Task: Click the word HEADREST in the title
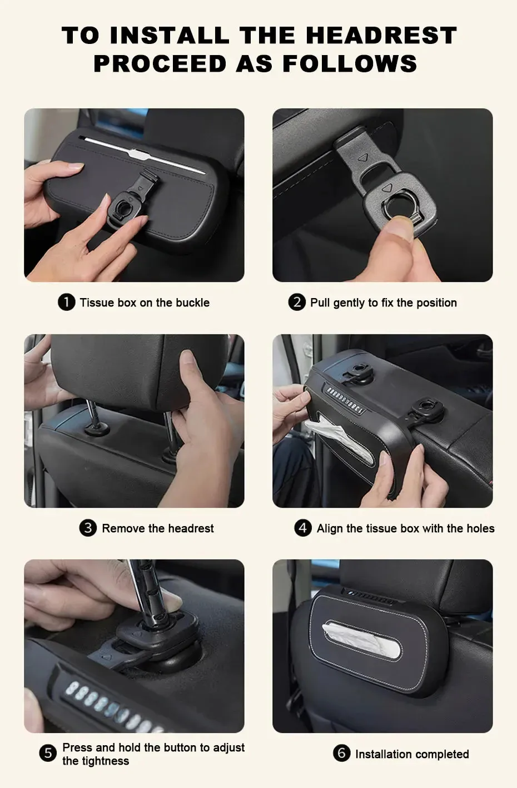coord(381,36)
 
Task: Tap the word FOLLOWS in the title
coord(350,63)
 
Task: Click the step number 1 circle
coord(67,302)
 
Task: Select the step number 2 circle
coord(297,302)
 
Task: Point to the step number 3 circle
coord(88,528)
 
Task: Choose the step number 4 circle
coord(303,528)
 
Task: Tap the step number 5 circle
coord(48,754)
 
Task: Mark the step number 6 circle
coord(341,754)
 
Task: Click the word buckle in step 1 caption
coord(192,303)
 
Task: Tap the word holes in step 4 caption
coord(480,528)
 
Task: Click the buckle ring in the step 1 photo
coord(120,212)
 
